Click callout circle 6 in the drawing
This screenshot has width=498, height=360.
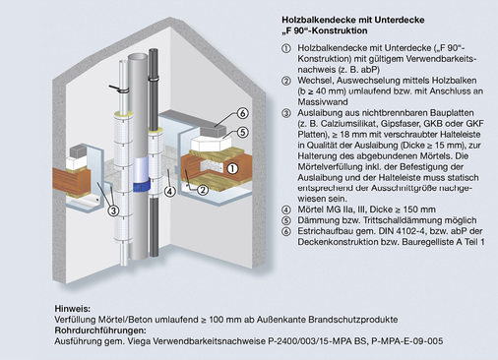[x=242, y=114]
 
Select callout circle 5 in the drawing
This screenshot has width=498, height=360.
[x=242, y=131]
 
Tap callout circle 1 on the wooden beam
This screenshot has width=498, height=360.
[x=233, y=168]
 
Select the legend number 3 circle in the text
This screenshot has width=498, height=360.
[x=286, y=114]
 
